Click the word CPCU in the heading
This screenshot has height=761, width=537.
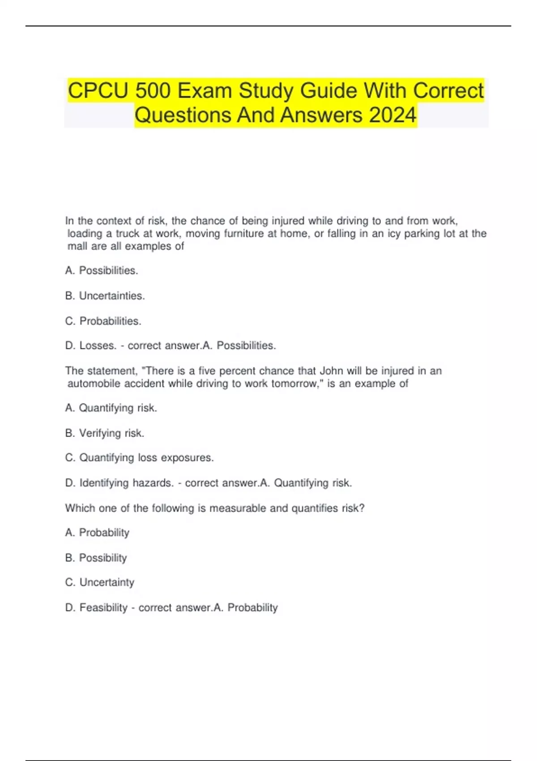tap(98, 91)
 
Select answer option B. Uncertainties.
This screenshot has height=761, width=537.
tap(105, 296)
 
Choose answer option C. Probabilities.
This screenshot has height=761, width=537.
tap(103, 321)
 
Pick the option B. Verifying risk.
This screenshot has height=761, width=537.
tap(105, 433)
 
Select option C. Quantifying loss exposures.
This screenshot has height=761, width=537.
tap(140, 457)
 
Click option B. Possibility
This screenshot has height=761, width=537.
tap(96, 558)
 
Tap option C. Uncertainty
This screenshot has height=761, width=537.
tap(100, 582)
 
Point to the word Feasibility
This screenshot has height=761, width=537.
tap(103, 607)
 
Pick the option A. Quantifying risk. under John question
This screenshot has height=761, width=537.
tap(111, 408)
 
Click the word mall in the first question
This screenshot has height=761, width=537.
tap(77, 246)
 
